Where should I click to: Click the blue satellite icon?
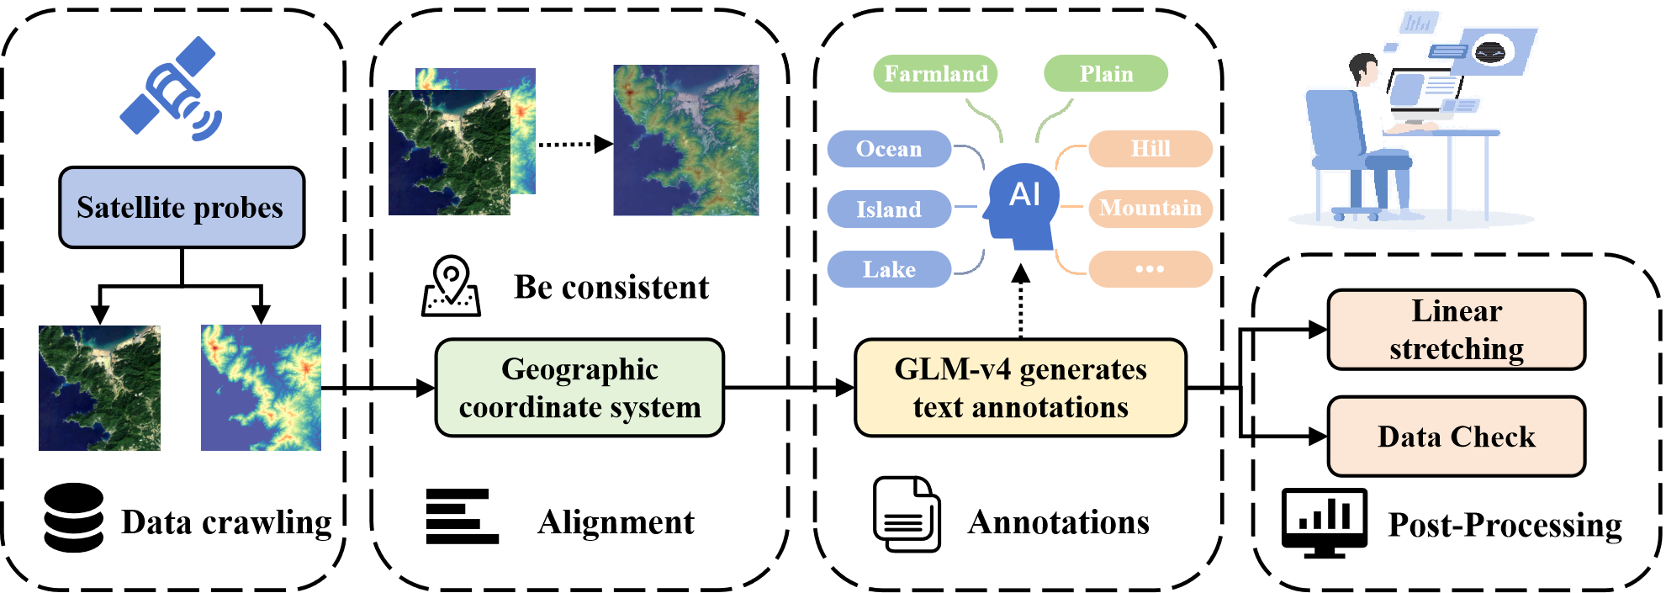172,88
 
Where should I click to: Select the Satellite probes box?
181,207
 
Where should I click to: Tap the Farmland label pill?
935,74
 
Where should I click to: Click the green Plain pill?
1105,74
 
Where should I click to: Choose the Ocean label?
888,149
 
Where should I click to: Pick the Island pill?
888,209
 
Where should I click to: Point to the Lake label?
888,269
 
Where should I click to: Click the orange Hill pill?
1150,149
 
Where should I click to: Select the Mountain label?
1150,208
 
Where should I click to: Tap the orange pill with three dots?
1150,269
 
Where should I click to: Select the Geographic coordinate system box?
579,387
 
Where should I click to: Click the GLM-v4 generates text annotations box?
1020,387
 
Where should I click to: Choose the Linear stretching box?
1456,330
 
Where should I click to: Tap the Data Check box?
1456,437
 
